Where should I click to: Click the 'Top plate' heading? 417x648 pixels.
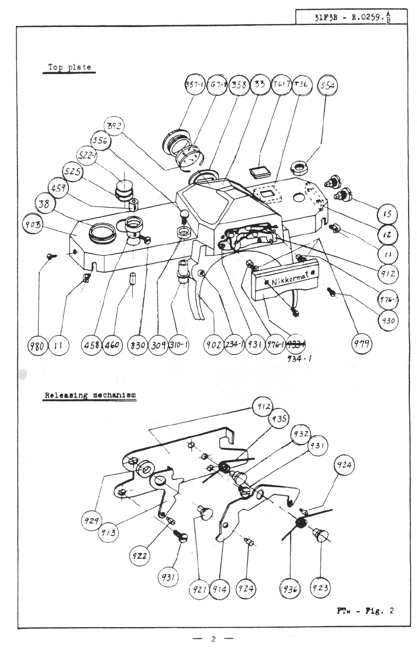coord(69,67)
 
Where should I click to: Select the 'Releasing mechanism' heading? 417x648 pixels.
coord(90,395)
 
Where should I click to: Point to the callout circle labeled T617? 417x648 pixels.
coord(280,85)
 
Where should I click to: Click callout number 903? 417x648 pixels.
coord(31,224)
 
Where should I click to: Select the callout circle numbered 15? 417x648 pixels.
coord(387,214)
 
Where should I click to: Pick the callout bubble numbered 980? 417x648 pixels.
coord(37,345)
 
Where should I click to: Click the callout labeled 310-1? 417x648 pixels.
coord(179,345)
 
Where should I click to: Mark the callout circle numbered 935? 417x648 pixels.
coord(279,419)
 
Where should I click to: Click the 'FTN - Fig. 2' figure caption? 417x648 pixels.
coord(365,610)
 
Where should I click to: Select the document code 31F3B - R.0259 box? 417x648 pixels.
coord(351,18)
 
